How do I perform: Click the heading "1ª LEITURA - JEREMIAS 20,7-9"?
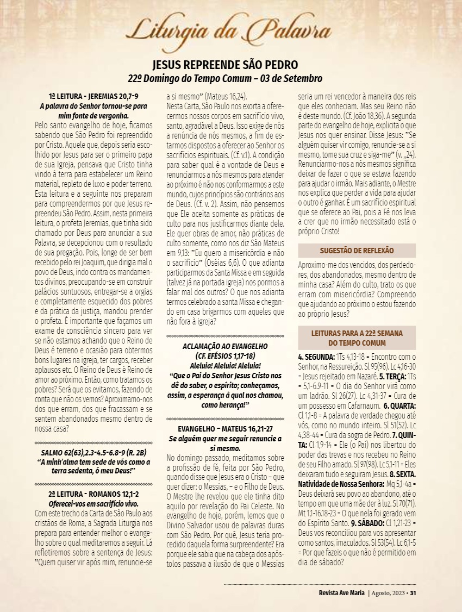(x=93, y=96)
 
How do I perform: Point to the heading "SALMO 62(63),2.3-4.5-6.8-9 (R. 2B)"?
(x=93, y=453)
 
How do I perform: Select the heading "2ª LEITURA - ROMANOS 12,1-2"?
(x=93, y=494)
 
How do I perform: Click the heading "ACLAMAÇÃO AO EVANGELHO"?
(x=224, y=346)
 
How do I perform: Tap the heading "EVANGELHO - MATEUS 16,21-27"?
(x=224, y=429)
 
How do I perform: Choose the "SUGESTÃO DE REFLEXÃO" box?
(x=357, y=251)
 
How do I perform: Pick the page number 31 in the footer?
(x=413, y=592)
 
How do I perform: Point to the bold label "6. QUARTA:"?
(x=399, y=405)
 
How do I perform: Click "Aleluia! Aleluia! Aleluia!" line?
(x=224, y=365)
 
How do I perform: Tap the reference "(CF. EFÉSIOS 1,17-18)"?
(x=224, y=355)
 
